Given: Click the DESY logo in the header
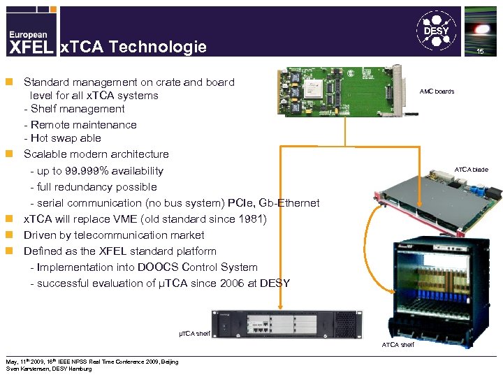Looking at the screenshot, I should (x=437, y=29).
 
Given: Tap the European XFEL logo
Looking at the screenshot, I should (x=29, y=42).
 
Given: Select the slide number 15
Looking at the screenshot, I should (x=480, y=53).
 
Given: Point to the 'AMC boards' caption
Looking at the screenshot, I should (x=437, y=91).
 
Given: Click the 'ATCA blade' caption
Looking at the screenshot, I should (x=472, y=170).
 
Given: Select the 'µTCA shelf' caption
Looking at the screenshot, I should (x=194, y=334).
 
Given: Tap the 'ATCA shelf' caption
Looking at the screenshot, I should (x=398, y=345).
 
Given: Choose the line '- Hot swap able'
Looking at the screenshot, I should (x=62, y=138).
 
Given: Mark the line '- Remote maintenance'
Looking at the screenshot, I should (x=80, y=124).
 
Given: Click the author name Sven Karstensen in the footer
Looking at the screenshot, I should (x=28, y=369).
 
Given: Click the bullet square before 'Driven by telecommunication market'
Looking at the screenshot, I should (x=10, y=235).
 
